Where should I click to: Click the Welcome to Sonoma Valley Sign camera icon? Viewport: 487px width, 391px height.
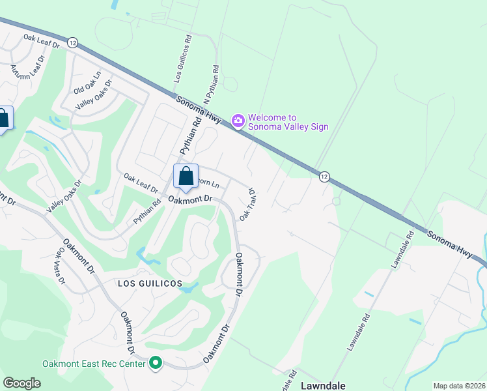[x=238, y=121]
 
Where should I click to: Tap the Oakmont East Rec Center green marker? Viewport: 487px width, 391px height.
[x=156, y=362]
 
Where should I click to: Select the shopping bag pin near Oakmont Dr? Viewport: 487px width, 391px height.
[x=186, y=177]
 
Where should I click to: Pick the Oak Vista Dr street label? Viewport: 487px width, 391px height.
[x=61, y=265]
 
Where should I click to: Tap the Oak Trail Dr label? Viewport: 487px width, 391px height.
[x=247, y=205]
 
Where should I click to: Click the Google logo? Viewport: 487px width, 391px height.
[x=21, y=383]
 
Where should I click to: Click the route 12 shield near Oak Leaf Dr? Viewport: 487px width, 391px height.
[x=72, y=42]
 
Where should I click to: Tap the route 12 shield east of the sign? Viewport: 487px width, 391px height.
[x=324, y=177]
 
